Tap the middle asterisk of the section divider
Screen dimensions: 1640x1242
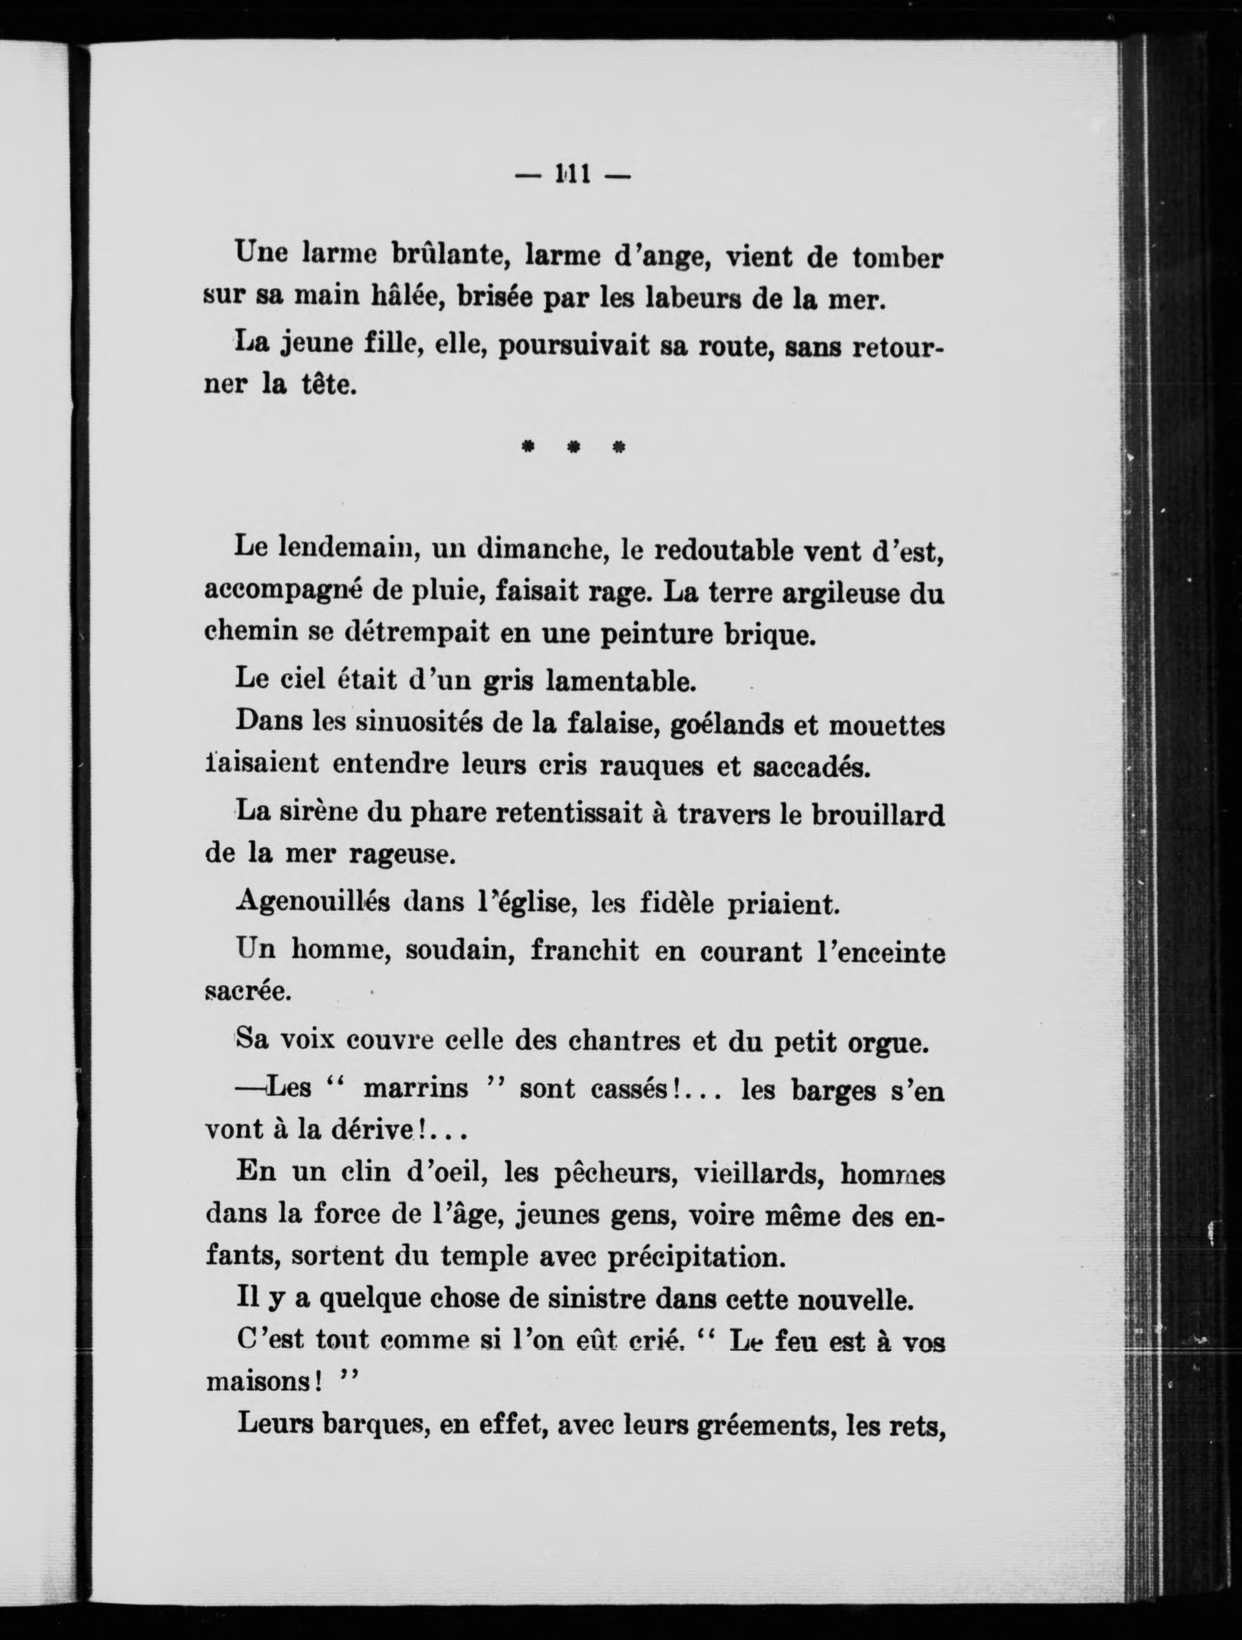coord(572,448)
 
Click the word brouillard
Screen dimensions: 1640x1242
coord(878,815)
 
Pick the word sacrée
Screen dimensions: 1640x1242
coord(248,993)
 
